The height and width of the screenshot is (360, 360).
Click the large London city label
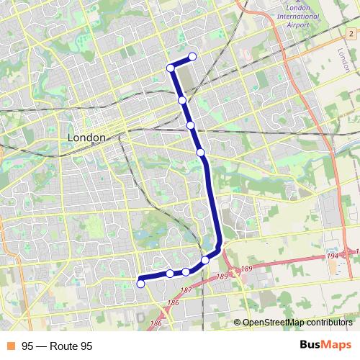tap(86, 137)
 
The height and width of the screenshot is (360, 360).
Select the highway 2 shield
tap(351, 34)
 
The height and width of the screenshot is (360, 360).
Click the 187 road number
tap(186, 290)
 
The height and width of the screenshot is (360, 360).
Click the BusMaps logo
tap(325, 346)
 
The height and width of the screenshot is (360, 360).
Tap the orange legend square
tap(10, 346)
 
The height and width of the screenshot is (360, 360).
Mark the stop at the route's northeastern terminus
tap(192, 57)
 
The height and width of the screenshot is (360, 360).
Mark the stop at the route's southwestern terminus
tap(140, 284)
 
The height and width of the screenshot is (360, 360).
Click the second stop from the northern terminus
tap(171, 68)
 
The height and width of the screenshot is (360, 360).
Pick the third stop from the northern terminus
tap(182, 100)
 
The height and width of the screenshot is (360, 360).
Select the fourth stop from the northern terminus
tap(190, 125)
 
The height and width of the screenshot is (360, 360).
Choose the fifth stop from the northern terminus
tap(201, 152)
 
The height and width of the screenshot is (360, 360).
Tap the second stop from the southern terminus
tap(170, 274)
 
